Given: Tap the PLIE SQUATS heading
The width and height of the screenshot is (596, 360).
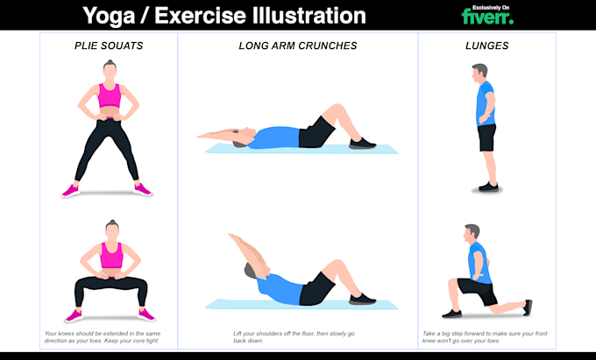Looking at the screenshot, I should click(110, 45).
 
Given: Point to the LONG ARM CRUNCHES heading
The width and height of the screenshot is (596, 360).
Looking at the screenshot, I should click(297, 45).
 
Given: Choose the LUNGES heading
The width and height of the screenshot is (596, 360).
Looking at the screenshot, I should click(486, 45).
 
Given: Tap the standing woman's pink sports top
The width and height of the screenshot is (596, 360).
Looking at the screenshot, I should click(109, 95).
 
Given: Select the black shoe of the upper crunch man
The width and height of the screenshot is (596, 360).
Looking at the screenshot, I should click(362, 142).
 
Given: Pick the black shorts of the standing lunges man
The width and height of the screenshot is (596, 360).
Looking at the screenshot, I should click(486, 137).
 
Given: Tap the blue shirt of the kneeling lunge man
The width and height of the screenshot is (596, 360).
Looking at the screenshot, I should click(477, 261).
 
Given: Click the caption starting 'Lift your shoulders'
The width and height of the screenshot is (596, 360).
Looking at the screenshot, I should click(294, 336).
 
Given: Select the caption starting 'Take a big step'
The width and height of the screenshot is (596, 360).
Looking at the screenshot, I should click(487, 336).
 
